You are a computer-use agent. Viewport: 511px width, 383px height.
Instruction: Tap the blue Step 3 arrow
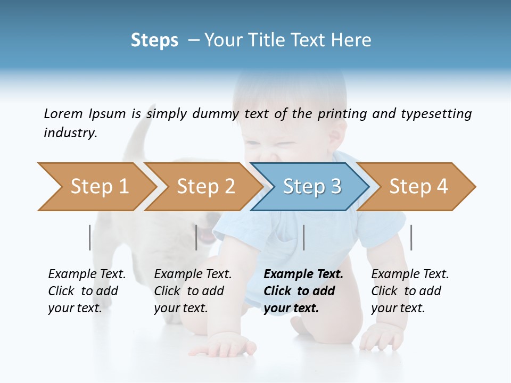coord(312,187)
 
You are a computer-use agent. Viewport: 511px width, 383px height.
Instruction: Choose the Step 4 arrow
coord(418,187)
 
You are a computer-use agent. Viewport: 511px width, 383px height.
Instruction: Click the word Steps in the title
coord(154,40)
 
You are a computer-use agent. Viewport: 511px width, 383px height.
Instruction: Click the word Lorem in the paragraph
coord(62,114)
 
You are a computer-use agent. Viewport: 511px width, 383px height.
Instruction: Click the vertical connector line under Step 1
coord(90,237)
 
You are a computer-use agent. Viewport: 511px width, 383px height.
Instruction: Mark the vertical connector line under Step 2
coord(196,237)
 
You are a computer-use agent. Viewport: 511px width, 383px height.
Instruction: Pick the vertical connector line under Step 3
coord(303,237)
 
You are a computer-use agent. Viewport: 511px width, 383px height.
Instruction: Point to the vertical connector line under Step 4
coord(411,237)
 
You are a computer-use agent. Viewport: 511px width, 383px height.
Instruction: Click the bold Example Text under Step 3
coord(303,274)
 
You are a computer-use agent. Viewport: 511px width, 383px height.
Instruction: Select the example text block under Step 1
coord(87,291)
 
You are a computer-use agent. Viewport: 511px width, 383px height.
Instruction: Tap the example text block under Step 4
coord(410,291)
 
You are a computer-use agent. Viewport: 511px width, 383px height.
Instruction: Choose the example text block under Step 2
coord(193,291)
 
